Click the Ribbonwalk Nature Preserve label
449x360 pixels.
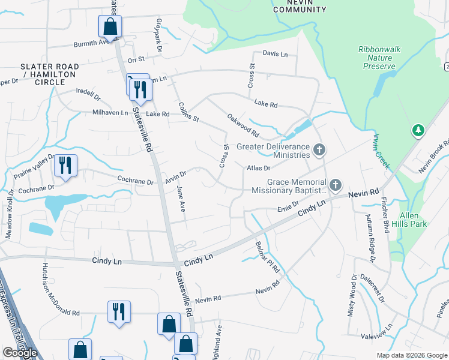tap(379, 58)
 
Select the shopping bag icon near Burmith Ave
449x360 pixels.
tap(110, 26)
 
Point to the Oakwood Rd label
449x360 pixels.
tap(243, 124)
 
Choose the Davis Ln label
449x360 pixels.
tap(275, 54)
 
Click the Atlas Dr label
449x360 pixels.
tap(259, 168)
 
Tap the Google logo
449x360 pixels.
tap(20, 353)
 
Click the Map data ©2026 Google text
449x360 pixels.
tap(411, 355)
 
